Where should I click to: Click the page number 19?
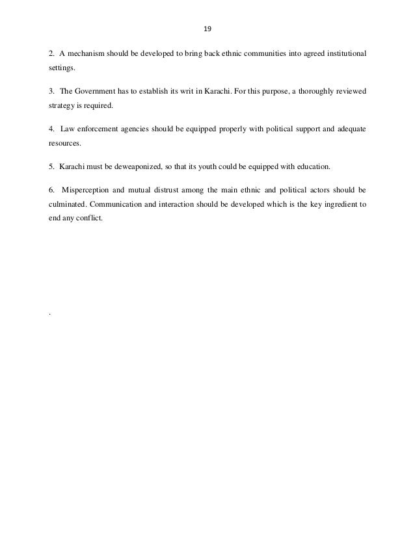[207, 29]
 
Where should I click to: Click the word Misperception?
[88, 192]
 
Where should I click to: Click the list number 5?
[51, 167]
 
